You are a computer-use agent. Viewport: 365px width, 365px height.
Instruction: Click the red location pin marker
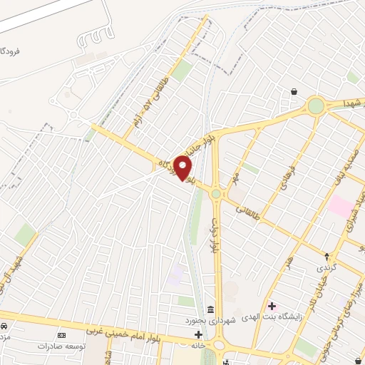coord(184,168)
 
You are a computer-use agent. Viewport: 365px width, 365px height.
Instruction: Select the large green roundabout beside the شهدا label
coord(315,107)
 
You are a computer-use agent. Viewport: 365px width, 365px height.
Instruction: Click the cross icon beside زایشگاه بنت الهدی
coord(272,306)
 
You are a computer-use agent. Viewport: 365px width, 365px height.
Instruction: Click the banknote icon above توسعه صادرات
coord(61,334)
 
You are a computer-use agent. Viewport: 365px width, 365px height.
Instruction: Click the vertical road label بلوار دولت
coord(213,235)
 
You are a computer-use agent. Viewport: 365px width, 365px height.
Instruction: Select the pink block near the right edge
coord(341,208)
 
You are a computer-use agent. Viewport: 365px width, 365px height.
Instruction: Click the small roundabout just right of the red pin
coord(215,193)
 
